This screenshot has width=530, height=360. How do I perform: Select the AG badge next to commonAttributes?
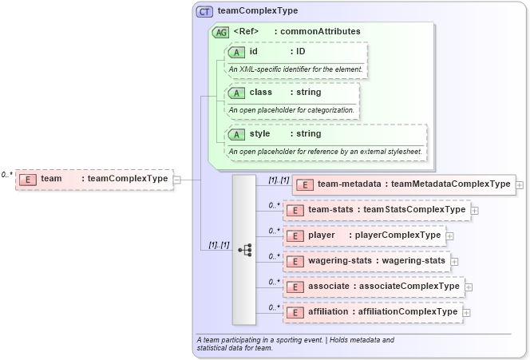pos(220,33)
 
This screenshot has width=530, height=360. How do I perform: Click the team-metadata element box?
pos(405,184)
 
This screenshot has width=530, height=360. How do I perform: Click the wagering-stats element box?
pos(366,260)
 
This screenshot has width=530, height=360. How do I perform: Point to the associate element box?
pos(374,286)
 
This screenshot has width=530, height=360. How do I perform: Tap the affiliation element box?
pos(373,311)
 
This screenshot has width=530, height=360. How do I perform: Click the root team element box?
pos(94,179)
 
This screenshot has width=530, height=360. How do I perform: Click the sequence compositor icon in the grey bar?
pos(244,249)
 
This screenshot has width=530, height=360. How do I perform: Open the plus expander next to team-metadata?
pos(520,184)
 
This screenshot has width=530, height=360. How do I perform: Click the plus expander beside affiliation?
pos(465,312)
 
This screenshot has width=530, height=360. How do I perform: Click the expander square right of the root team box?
pos(177,179)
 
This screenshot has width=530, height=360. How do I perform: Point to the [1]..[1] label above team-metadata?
pos(279,180)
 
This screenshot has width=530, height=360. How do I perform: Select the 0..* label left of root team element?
pos(7,174)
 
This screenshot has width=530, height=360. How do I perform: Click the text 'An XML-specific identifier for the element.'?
pos(296,69)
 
